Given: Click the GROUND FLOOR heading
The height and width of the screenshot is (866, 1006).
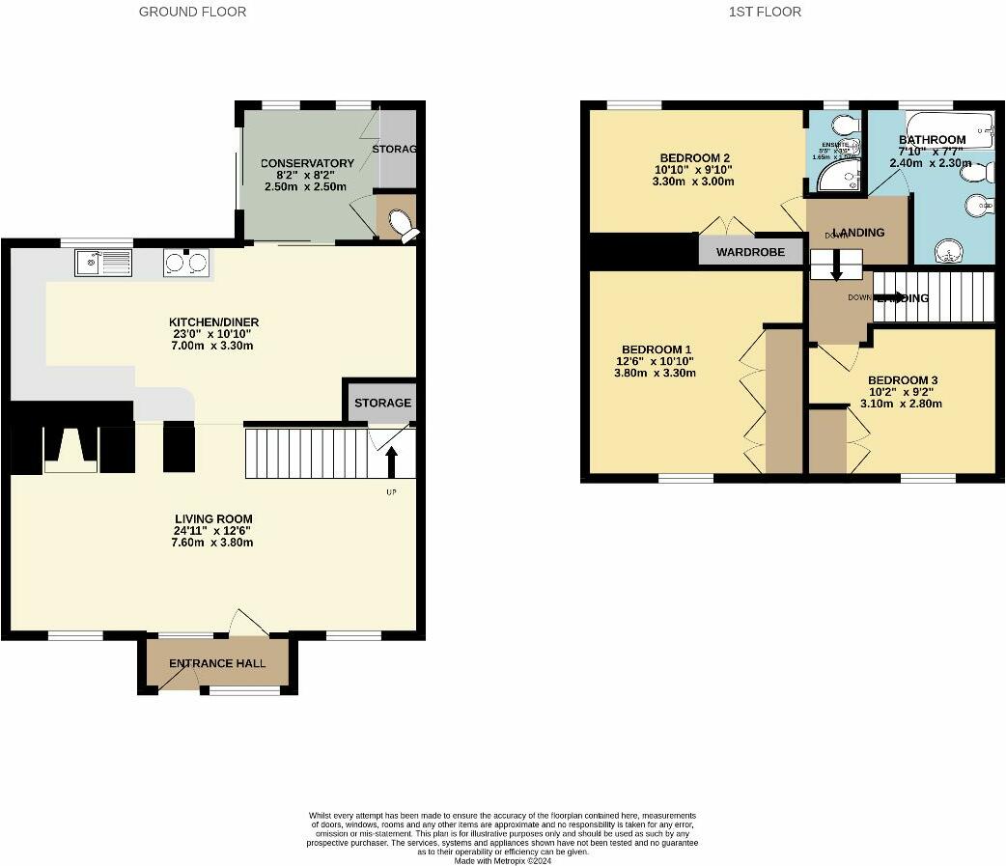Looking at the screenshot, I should click(192, 12).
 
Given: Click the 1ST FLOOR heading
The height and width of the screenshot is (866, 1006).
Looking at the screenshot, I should click(765, 12).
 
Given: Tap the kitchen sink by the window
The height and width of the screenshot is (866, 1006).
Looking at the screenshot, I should click(103, 261).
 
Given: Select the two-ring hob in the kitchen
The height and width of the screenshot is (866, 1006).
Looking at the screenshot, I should click(186, 262).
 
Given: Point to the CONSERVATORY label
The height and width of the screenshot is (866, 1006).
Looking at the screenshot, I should click(307, 163).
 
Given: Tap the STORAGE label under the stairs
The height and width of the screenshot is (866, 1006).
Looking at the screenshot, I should click(382, 403).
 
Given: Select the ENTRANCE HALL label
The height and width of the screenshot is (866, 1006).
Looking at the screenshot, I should click(217, 663).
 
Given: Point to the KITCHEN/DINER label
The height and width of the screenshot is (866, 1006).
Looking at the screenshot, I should click(213, 322).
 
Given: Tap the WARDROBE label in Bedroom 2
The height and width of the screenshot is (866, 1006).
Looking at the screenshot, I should click(751, 252).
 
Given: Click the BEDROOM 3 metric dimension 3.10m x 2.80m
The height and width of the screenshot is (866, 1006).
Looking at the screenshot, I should click(901, 404).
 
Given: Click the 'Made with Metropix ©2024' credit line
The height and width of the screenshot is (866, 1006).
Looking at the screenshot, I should click(502, 861).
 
